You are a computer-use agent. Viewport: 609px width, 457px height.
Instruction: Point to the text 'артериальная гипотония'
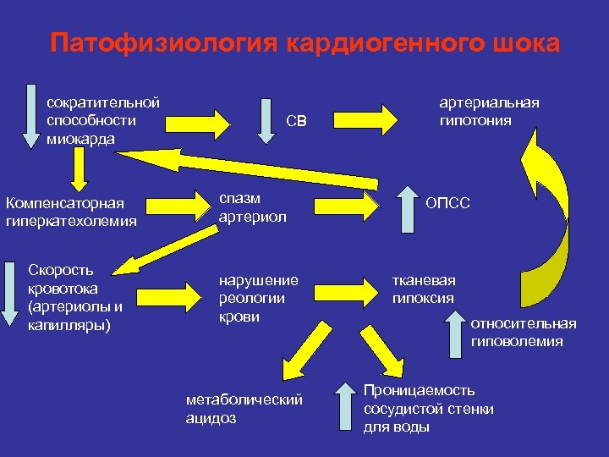(x=489, y=112)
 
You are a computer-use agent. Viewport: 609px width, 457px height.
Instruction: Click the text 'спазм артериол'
(x=252, y=207)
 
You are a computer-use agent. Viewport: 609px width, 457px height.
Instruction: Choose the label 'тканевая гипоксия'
(x=423, y=289)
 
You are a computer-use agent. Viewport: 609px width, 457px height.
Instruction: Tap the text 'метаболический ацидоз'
(x=244, y=409)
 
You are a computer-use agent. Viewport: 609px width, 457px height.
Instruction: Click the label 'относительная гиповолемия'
(x=523, y=333)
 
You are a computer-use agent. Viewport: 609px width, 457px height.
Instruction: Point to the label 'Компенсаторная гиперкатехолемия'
(x=70, y=212)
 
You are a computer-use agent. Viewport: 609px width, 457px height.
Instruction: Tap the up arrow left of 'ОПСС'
(x=409, y=207)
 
